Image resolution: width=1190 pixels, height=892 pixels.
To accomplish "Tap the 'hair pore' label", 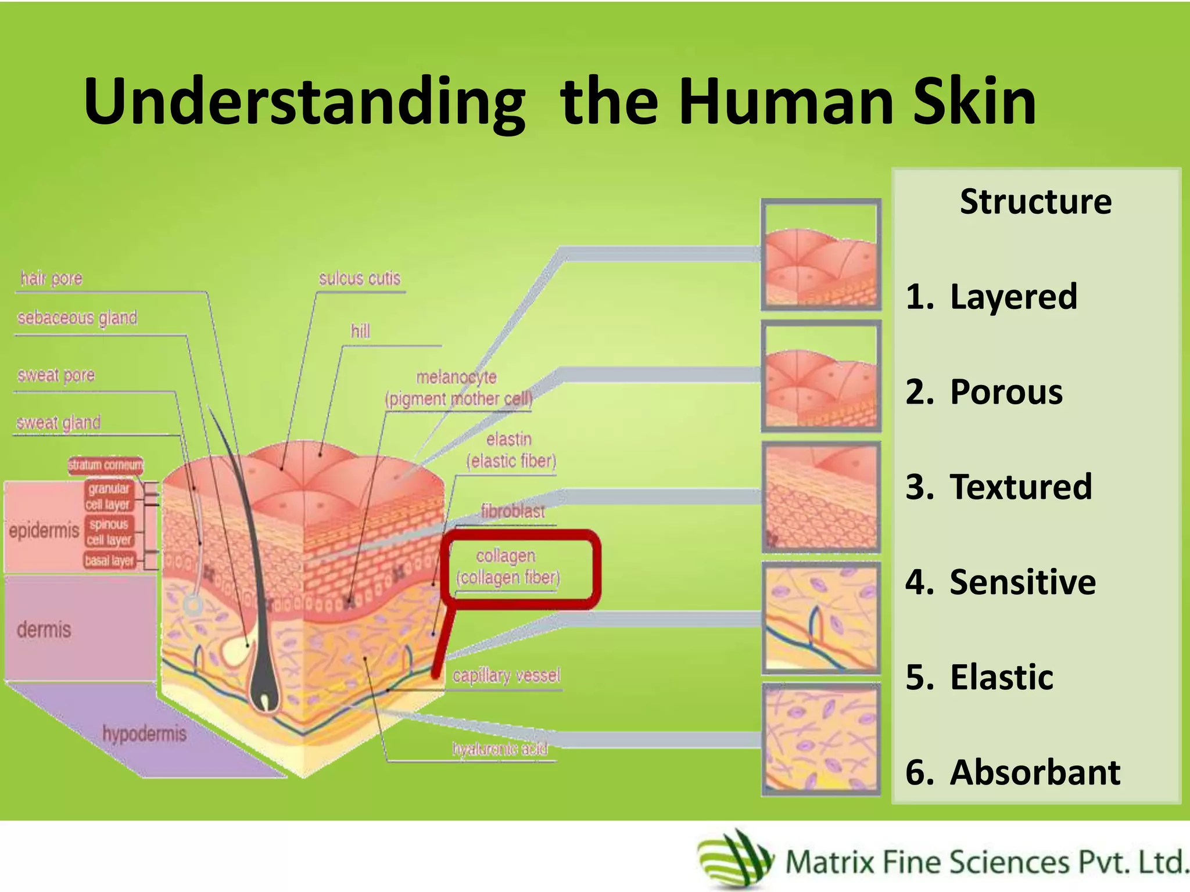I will (51, 279).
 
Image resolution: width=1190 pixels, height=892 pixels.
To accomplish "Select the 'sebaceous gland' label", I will (77, 318).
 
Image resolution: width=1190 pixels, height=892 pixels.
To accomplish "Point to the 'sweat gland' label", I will (58, 422).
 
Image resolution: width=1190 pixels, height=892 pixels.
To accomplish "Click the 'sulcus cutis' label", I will (360, 279).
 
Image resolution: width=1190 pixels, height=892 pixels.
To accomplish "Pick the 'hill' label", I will (360, 331).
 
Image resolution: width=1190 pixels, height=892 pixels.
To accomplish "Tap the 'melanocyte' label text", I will (457, 377).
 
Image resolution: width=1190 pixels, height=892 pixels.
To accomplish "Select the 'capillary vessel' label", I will (506, 675).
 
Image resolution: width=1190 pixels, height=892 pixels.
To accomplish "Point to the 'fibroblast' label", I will (512, 511).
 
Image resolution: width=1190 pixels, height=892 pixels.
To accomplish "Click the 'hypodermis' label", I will (145, 733).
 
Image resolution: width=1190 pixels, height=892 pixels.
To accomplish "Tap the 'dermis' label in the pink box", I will (44, 630).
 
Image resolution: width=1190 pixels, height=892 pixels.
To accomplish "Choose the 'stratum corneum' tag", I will (105, 465).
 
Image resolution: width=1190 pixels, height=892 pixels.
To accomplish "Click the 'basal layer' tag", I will (109, 560).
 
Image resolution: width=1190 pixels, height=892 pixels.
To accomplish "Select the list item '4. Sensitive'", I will (1001, 582).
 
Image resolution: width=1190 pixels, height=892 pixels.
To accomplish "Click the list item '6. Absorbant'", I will (1013, 772).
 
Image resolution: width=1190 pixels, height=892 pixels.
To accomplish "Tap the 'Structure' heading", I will (1035, 202).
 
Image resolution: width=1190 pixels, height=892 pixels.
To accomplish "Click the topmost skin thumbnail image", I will (821, 254).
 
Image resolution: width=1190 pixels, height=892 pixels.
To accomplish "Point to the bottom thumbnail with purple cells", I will (821, 739).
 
